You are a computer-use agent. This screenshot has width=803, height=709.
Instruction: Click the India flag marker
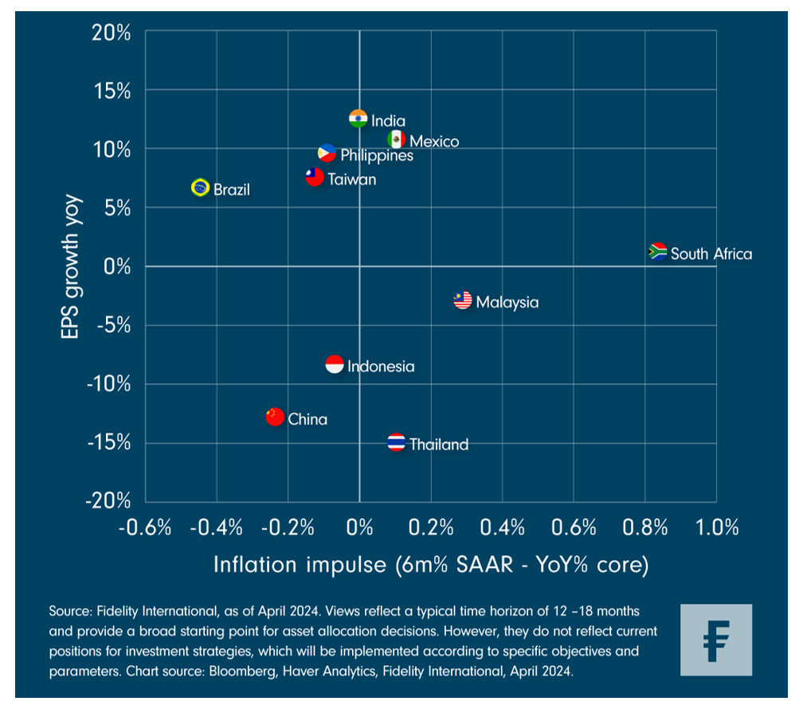click(x=358, y=119)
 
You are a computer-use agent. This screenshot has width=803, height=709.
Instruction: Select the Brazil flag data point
click(x=201, y=188)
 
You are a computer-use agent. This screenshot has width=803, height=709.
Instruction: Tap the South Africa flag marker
click(x=658, y=252)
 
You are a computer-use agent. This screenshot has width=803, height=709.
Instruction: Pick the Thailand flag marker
click(x=397, y=443)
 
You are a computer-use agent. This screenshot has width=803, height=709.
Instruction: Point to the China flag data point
click(x=275, y=416)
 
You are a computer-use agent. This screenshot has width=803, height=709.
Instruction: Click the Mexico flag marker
click(x=397, y=139)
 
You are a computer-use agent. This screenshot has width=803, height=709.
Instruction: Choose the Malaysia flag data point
click(x=463, y=300)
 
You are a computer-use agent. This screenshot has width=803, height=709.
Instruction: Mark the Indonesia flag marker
click(x=335, y=364)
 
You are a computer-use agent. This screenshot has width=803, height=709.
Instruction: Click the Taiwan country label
click(x=351, y=179)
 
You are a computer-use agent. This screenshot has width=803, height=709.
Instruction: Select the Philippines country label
click(x=377, y=155)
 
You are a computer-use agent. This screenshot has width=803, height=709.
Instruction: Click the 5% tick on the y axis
click(x=119, y=208)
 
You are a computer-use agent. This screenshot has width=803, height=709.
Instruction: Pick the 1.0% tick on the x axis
click(x=716, y=527)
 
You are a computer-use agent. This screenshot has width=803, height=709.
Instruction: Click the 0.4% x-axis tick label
click(x=502, y=527)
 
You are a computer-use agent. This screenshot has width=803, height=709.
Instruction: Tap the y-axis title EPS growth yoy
click(x=71, y=267)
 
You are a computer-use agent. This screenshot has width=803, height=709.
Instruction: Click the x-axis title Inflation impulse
click(x=430, y=565)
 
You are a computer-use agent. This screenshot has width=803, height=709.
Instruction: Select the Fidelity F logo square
click(x=716, y=640)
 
